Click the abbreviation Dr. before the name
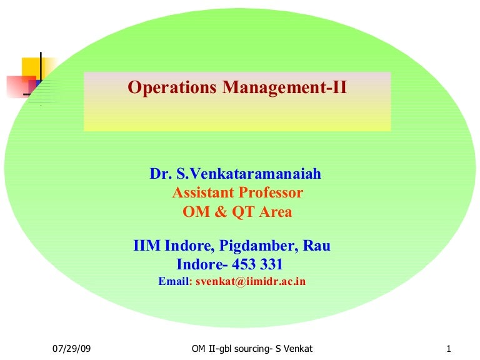coord(160,174)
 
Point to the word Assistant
coord(202,192)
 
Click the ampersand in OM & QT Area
coord(220,212)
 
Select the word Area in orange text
coord(274,212)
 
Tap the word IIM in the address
coord(147,246)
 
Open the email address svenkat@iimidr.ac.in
coord(251,281)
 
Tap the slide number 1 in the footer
coord(449,348)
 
